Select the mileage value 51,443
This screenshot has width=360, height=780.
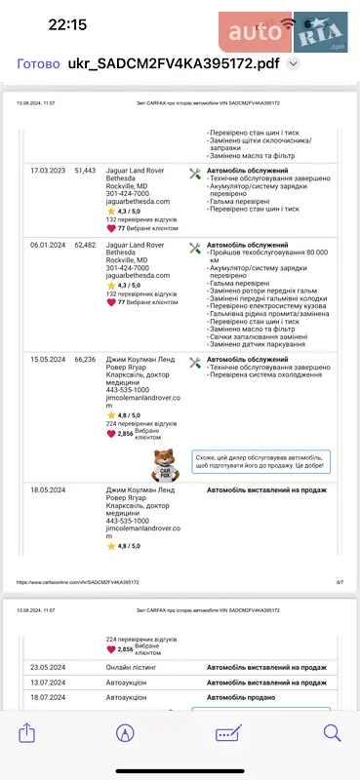[x=85, y=171]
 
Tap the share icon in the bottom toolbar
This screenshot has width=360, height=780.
[x=27, y=733]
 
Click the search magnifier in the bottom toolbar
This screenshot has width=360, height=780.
[x=332, y=733]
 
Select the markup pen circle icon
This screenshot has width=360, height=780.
[x=125, y=733]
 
